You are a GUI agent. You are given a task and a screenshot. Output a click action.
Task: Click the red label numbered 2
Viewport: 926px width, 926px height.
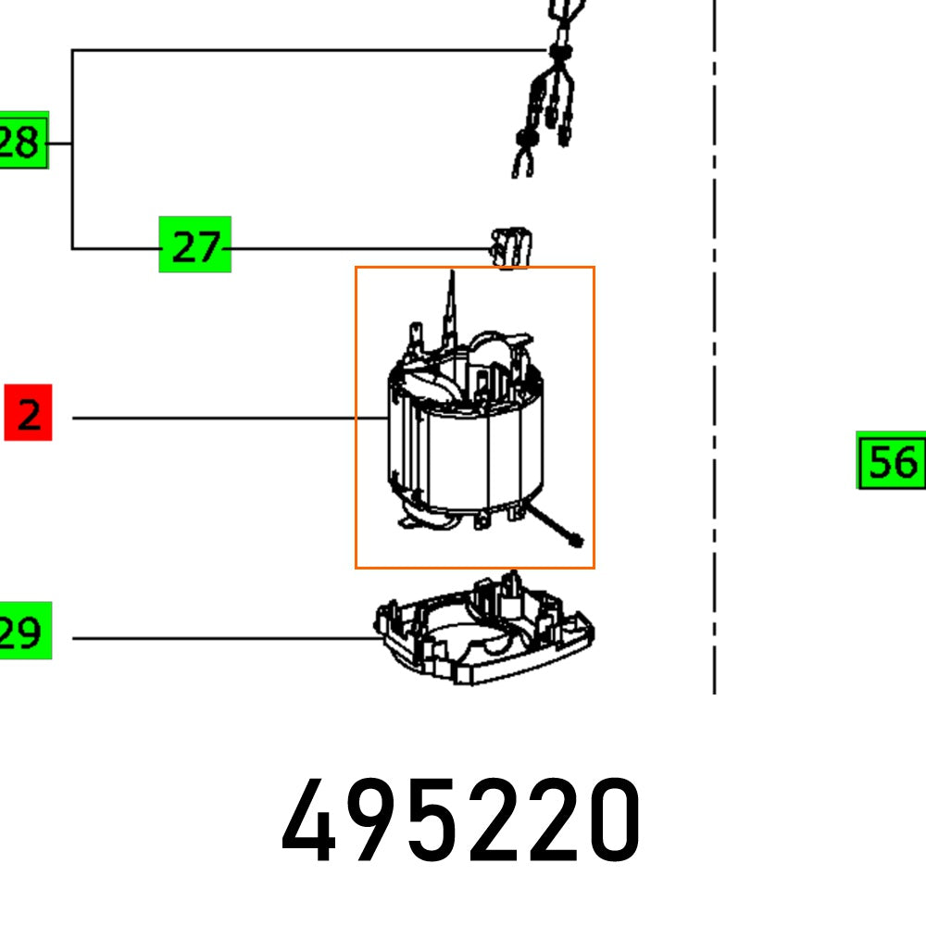click(x=28, y=415)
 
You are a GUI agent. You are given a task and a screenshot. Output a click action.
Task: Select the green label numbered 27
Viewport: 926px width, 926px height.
click(x=194, y=245)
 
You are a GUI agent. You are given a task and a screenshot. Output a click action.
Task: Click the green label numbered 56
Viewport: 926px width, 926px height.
click(x=891, y=460)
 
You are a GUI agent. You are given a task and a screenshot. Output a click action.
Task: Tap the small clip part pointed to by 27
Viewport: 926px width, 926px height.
click(x=510, y=245)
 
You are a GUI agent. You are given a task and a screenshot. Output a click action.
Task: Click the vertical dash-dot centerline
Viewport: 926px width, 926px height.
click(x=714, y=370)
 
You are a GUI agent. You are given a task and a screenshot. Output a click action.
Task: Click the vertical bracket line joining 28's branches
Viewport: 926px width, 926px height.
click(x=72, y=148)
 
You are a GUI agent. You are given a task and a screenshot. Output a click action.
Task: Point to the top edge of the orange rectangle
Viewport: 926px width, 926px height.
click(x=475, y=268)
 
